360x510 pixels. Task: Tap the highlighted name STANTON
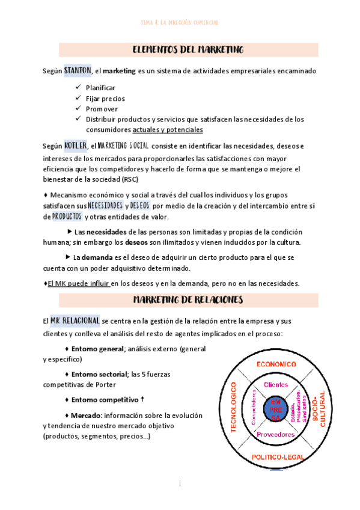pos(78,71)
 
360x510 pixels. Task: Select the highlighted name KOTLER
pos(75,146)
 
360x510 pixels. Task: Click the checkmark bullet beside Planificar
pos(78,88)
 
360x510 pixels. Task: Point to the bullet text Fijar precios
pos(106,99)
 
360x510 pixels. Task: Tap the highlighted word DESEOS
pos(139,206)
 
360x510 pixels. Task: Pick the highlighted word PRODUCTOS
pos(67,217)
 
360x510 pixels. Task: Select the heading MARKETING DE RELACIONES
pos(188,299)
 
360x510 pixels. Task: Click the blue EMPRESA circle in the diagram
pos(275,409)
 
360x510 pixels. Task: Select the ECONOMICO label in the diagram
pos(276,364)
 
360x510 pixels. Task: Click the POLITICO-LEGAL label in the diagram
pos(276,458)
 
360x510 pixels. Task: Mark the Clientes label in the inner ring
pos(275,384)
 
